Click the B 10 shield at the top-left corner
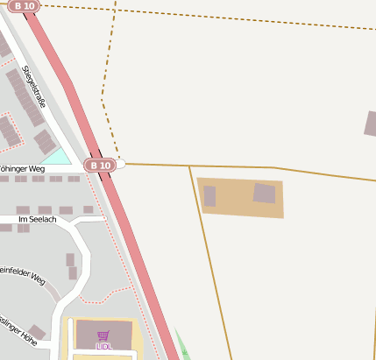(x=24, y=6)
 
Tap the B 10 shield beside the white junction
(x=100, y=165)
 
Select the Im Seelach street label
(x=37, y=219)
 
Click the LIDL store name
(x=103, y=347)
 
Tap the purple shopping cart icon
(x=103, y=335)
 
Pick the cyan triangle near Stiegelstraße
(x=59, y=158)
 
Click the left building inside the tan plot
(x=209, y=196)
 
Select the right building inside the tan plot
(x=264, y=194)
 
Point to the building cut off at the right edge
(x=371, y=124)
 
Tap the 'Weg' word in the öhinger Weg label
(x=35, y=168)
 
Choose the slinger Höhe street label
(x=18, y=326)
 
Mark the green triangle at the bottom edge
(x=182, y=346)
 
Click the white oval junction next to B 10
(x=120, y=164)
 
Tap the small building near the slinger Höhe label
(x=37, y=332)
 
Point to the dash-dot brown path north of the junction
(x=105, y=96)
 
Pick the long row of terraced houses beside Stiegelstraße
(x=25, y=97)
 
